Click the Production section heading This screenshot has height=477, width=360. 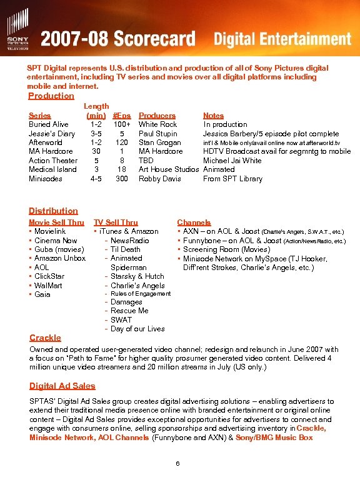51,96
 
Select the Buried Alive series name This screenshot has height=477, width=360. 49,124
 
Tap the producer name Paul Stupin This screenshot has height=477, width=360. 158,133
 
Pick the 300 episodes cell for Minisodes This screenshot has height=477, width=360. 122,178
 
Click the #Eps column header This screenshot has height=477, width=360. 122,115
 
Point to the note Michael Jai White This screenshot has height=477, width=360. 232,160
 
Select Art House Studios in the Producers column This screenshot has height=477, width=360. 169,169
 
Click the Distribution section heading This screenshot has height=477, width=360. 54,211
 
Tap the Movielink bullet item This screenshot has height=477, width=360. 50,231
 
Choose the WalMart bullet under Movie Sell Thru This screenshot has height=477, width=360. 48,285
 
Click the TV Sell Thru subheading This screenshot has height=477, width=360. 116,222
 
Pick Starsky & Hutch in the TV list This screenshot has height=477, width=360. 137,276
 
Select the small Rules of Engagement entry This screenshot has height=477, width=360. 141,294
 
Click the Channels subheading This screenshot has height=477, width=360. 194,222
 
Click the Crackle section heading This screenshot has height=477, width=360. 45,338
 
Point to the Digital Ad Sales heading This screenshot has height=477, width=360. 62,386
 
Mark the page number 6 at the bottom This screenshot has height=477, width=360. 178,463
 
